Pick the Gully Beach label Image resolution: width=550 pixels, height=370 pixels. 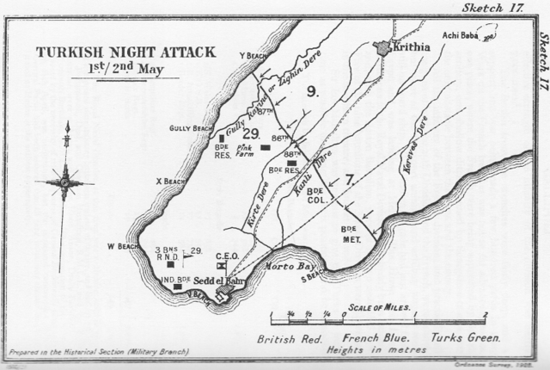[192, 129]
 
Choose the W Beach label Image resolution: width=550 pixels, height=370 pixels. [122, 247]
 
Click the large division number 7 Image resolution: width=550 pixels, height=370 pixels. [349, 180]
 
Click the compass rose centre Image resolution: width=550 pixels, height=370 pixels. [64, 181]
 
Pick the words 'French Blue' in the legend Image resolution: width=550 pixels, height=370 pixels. [370, 338]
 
